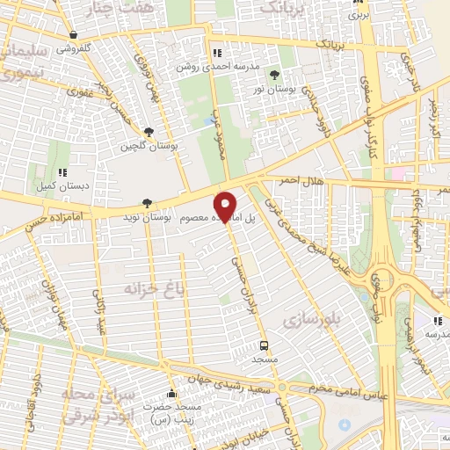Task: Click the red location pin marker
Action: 226,206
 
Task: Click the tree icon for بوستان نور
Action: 274,74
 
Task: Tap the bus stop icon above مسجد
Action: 265,345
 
